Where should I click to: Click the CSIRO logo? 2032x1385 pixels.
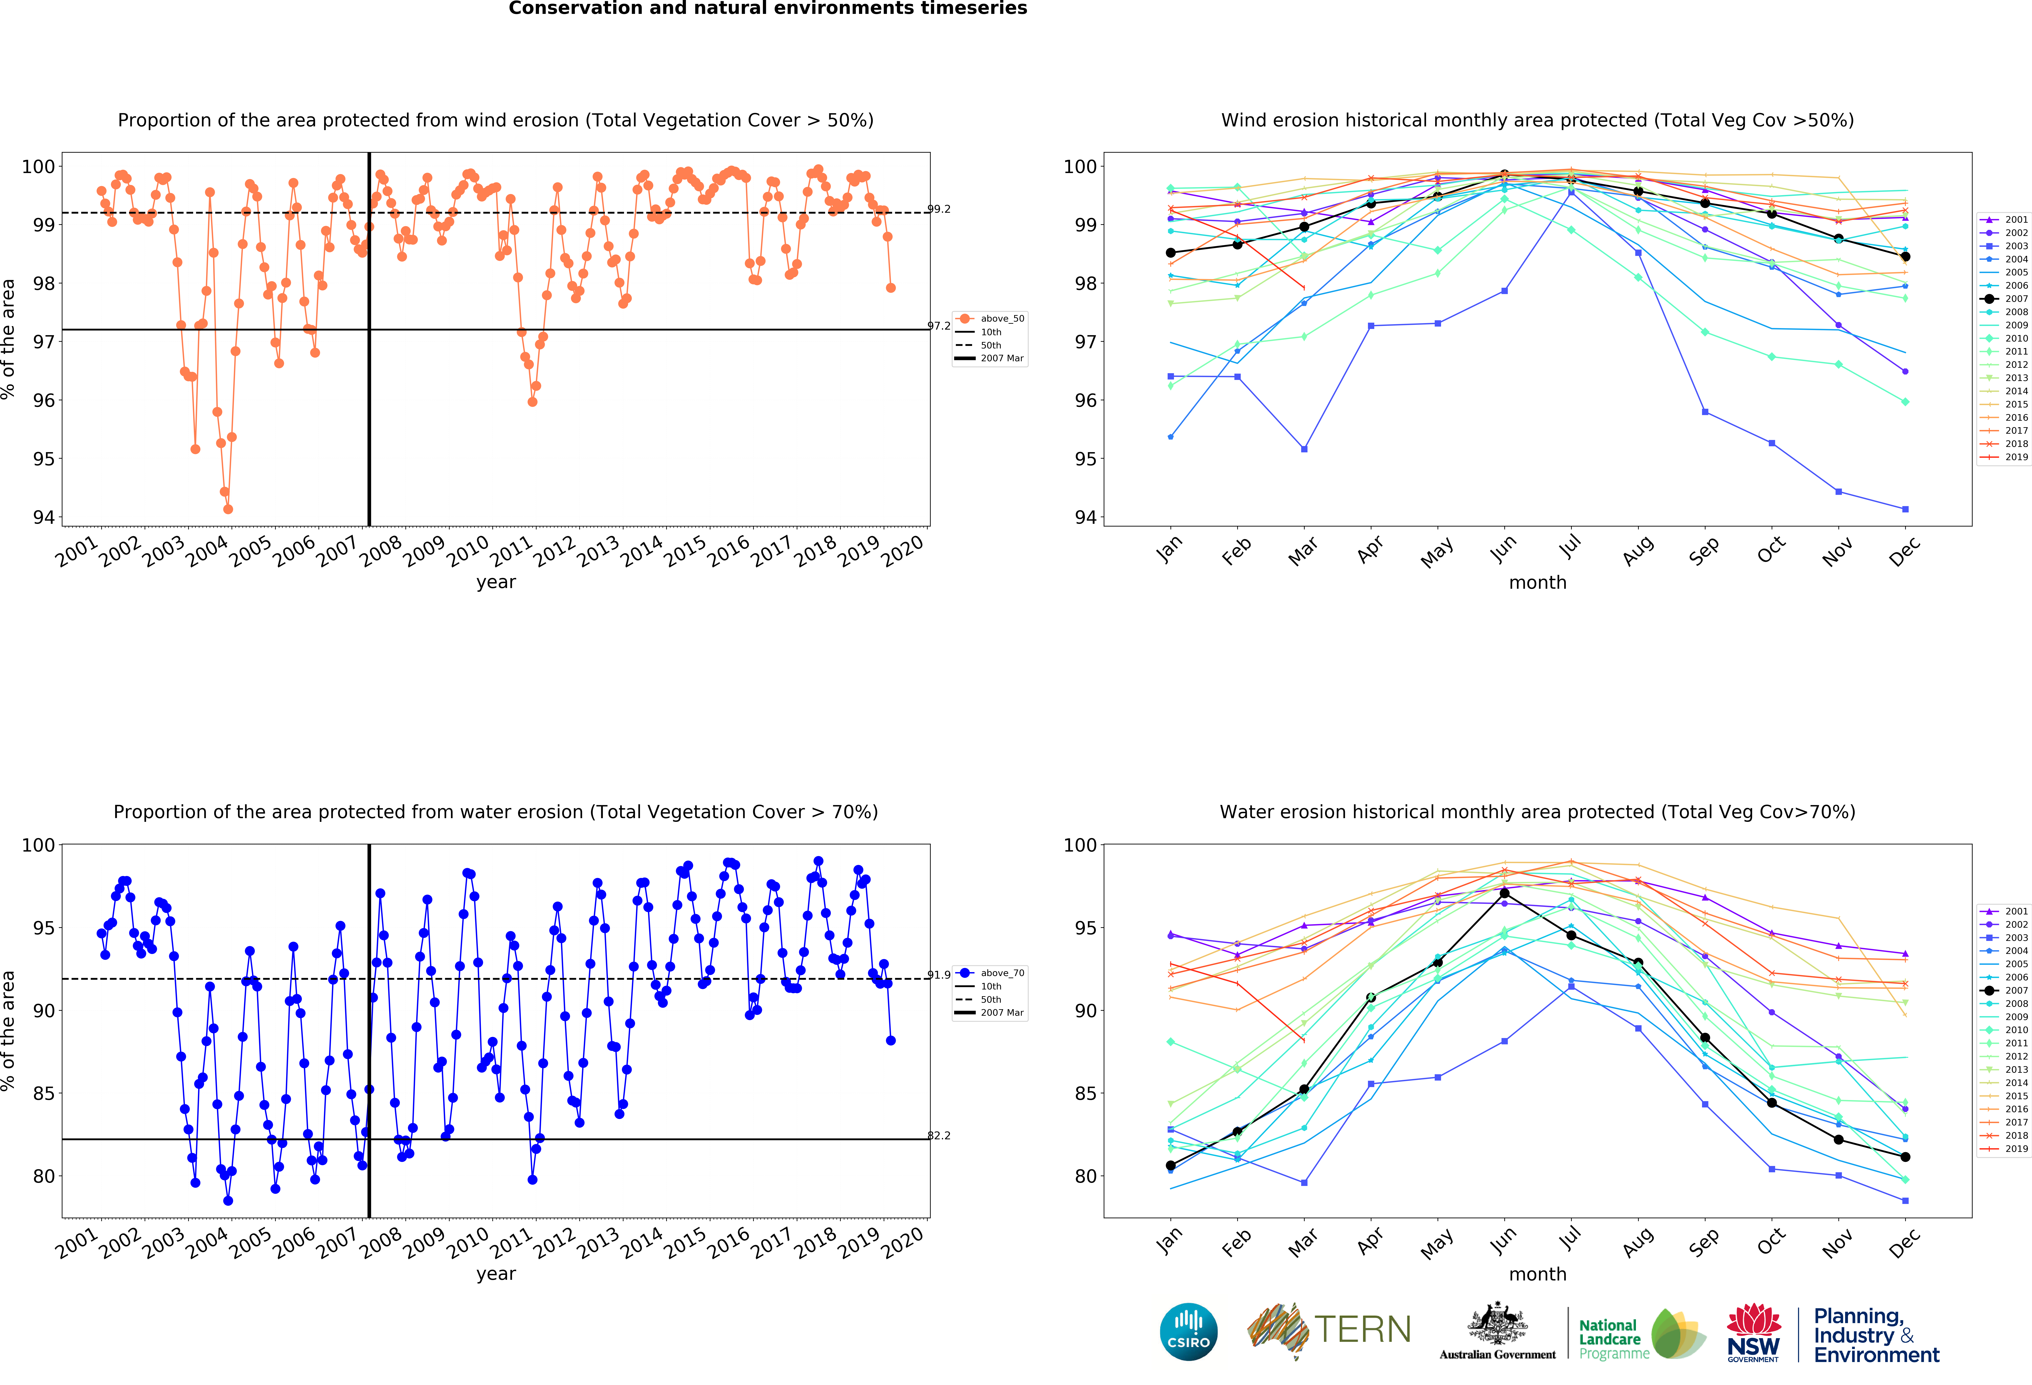(1188, 1332)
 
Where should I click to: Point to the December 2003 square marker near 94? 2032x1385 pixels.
(1905, 509)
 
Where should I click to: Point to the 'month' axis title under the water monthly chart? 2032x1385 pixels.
(1537, 1274)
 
